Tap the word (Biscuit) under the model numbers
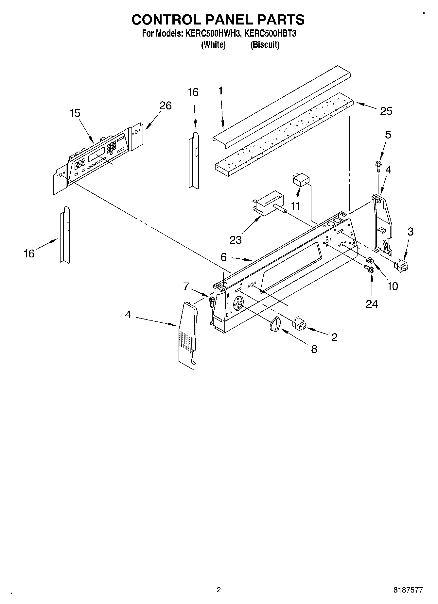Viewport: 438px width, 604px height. [265, 45]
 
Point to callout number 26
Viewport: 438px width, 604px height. [166, 106]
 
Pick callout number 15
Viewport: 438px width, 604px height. [75, 113]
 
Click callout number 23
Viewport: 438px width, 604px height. [236, 240]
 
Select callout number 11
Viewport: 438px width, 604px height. [295, 206]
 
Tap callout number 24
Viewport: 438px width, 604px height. [372, 304]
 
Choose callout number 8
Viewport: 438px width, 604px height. [314, 349]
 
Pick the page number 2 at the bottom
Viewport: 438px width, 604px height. [219, 590]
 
